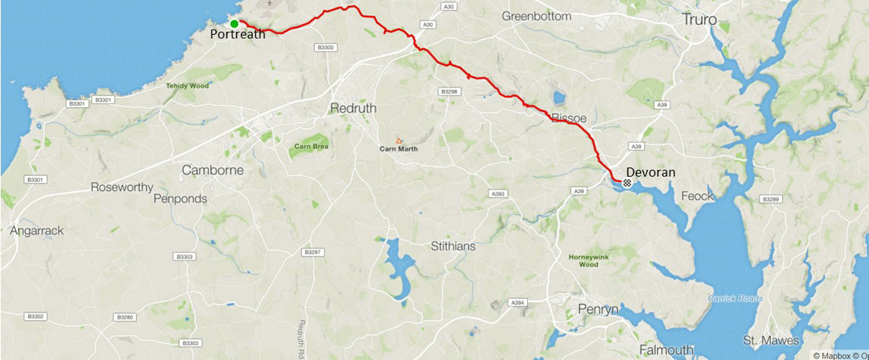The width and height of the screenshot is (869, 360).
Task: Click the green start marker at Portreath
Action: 234,23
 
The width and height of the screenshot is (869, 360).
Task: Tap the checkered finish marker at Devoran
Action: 627,182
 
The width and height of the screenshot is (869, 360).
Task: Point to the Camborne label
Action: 213,171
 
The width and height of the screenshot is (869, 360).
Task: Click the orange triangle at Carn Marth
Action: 399,140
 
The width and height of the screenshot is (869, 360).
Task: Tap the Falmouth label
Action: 667,350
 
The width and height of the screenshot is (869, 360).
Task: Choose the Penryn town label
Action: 598,309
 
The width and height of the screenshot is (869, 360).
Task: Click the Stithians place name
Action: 455,246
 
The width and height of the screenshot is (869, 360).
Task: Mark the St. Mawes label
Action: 770,341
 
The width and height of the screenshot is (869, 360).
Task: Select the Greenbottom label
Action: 540,16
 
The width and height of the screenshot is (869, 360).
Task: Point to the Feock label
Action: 697,196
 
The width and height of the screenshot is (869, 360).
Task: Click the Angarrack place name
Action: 37,231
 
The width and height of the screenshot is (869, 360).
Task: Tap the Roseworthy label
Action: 122,187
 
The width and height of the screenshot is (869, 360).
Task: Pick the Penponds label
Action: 179,199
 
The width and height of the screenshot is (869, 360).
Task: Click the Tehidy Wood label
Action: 186,86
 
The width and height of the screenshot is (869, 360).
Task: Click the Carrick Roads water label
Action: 735,298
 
